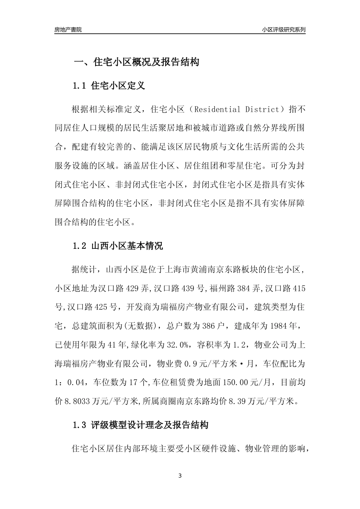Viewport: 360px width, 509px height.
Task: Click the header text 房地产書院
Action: (68, 30)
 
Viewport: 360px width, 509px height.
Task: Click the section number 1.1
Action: (80, 86)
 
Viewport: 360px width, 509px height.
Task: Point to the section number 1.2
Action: (80, 246)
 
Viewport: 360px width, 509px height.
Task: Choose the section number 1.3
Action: (80, 425)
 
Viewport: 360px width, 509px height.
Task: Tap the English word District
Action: (262, 110)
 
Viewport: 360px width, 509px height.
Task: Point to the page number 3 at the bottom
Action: (180, 476)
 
